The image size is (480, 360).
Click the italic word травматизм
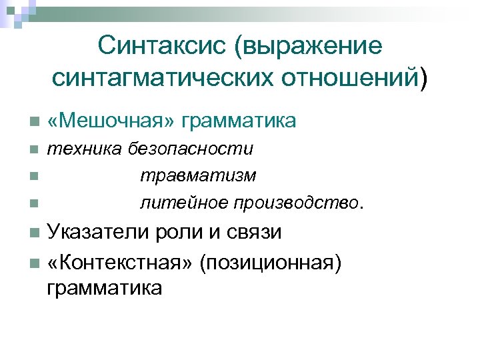(x=197, y=175)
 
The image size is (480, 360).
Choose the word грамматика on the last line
(x=104, y=289)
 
